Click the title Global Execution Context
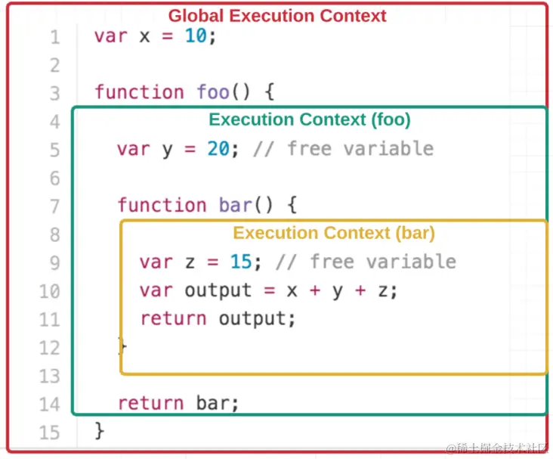point(276,16)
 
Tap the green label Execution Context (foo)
point(310,119)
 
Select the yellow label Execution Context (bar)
point(334,233)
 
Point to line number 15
point(49,432)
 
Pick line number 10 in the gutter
point(49,291)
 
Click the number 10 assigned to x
point(196,36)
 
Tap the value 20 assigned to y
point(218,148)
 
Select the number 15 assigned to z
point(241,262)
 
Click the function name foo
point(213,92)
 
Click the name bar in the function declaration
point(235,205)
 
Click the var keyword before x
point(111,36)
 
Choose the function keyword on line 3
point(139,92)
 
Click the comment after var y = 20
point(342,148)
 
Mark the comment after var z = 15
point(365,262)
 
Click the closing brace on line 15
point(100,432)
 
